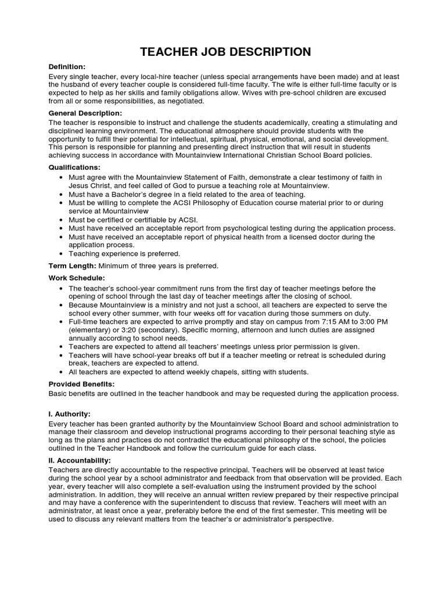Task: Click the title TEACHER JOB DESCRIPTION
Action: (x=225, y=52)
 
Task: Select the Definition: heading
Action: (x=67, y=67)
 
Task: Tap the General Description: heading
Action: (x=85, y=113)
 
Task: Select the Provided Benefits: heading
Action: (x=81, y=384)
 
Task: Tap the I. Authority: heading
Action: (x=69, y=414)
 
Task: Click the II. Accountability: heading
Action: (x=80, y=460)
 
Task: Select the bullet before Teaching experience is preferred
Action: (x=62, y=254)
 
